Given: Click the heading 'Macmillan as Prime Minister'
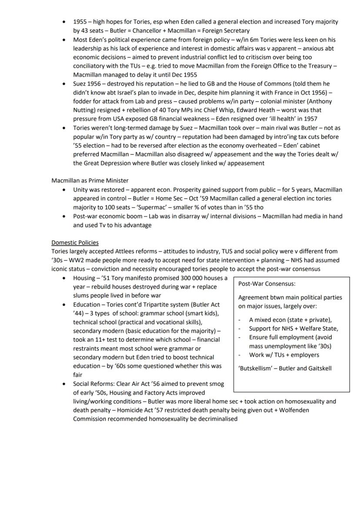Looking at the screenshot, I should point(90,180).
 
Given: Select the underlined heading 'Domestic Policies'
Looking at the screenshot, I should point(75,243).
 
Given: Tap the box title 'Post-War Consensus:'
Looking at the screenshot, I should point(267,284).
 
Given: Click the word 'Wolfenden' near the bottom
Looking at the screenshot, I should point(301,410).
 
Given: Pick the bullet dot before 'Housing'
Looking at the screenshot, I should point(64,278).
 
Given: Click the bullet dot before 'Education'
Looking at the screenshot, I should point(64,305).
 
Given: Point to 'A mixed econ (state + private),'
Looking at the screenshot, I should point(290,319).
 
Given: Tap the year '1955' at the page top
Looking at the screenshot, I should point(80,22).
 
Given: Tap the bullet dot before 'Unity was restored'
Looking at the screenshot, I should point(64,190).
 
